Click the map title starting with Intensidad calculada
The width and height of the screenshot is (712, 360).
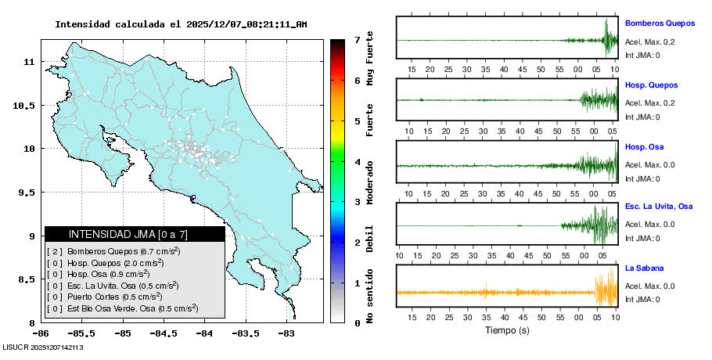(181, 24)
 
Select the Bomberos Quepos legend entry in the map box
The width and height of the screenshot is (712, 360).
(113, 252)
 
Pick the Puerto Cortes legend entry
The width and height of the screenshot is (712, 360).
(105, 297)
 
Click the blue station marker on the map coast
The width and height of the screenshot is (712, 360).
(193, 198)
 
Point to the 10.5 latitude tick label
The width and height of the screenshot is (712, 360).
(27, 105)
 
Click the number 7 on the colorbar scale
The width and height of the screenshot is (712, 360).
(357, 39)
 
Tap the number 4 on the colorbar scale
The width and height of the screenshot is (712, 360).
(357, 162)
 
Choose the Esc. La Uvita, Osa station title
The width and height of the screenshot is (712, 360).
(659, 207)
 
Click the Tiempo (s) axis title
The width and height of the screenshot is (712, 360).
(507, 330)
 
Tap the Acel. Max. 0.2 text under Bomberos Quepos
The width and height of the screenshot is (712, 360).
(649, 42)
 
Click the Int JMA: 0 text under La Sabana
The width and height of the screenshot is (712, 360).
(642, 299)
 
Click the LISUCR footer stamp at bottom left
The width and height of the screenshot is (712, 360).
(43, 347)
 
